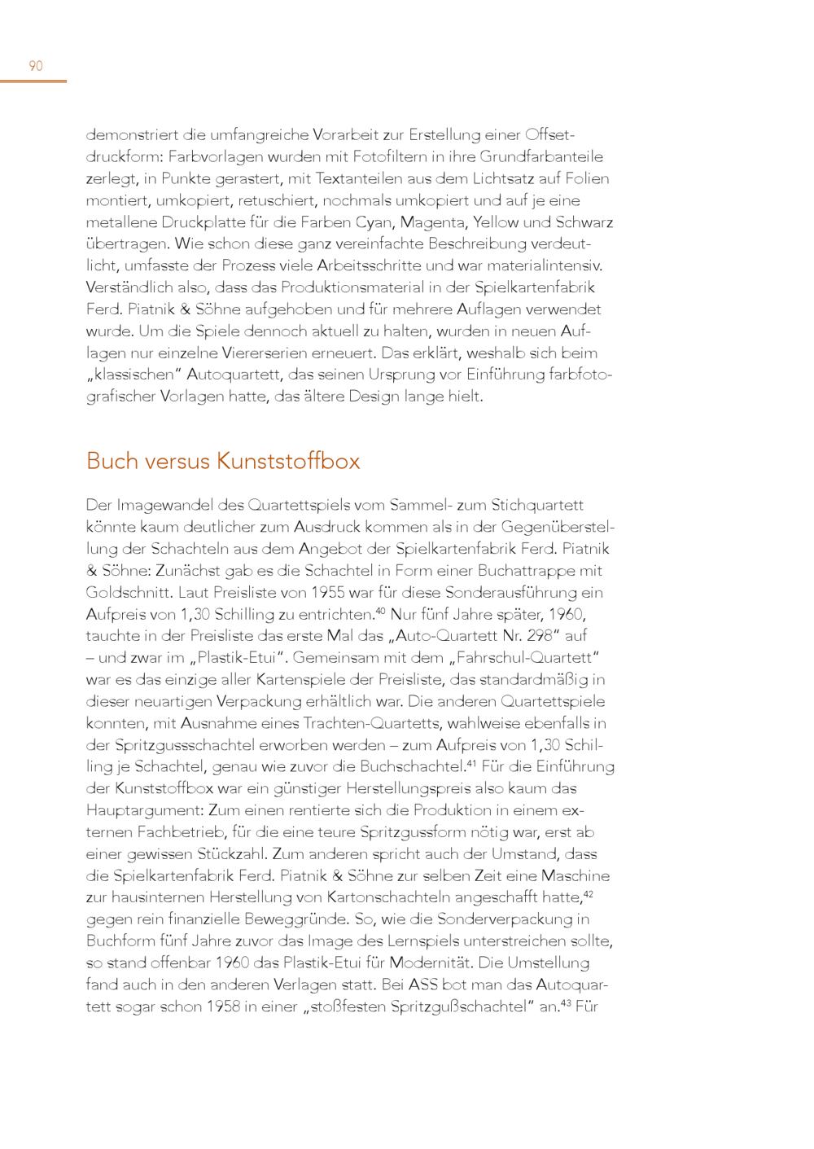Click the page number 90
(36, 66)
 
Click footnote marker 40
(380, 611)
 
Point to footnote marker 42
(589, 894)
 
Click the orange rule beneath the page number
(33, 81)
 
